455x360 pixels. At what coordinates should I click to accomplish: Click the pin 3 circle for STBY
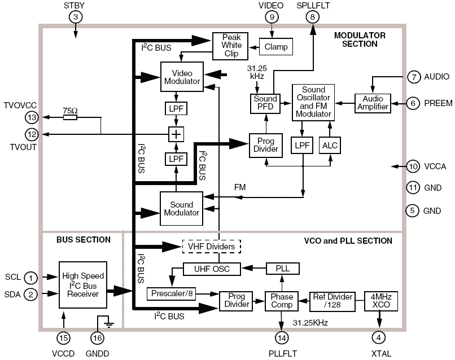(x=76, y=17)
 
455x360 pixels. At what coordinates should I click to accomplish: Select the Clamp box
(x=275, y=47)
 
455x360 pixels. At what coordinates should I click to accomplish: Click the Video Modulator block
(x=181, y=77)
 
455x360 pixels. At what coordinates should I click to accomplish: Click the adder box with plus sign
(x=177, y=134)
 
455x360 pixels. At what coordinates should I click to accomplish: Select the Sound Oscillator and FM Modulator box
(x=313, y=102)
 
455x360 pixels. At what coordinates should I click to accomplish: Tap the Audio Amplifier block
(x=372, y=103)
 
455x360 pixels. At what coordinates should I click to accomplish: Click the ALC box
(x=329, y=146)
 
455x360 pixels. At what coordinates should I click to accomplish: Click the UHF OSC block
(x=212, y=269)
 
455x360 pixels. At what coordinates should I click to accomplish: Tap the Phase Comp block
(x=281, y=300)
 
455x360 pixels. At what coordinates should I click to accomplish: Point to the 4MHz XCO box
(x=383, y=300)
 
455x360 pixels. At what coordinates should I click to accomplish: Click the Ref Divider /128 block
(x=333, y=300)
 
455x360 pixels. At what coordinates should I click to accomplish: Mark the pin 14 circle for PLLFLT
(x=282, y=337)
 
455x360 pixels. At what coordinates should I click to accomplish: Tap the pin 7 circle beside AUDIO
(x=413, y=77)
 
